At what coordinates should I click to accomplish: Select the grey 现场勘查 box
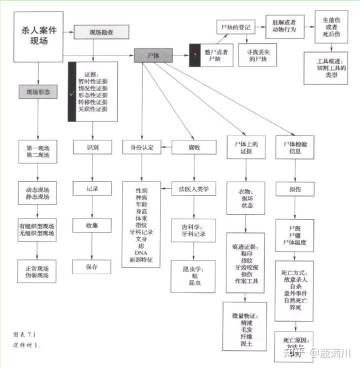pos(101,32)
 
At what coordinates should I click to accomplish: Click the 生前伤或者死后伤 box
pos(331,27)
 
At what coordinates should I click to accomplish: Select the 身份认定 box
pos(142,147)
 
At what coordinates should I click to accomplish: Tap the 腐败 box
pos(194,147)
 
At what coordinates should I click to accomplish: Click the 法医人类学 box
pos(194,189)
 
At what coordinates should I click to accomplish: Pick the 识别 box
pos(92,147)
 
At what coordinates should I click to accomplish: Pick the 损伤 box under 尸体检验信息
pos(294,189)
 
